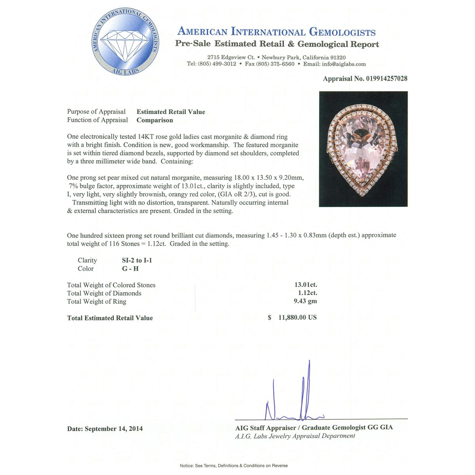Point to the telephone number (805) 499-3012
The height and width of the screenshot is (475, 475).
(217, 64)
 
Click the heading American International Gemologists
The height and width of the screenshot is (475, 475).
(276, 32)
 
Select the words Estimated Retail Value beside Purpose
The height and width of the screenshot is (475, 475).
(171, 112)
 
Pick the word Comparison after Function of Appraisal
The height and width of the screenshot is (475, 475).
(155, 120)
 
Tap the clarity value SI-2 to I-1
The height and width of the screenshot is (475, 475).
(137, 260)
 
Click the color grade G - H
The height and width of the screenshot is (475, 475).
(130, 269)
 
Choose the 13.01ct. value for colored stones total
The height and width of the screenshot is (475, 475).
(306, 285)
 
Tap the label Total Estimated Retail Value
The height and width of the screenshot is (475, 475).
(110, 318)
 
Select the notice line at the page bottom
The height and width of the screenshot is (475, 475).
(234, 465)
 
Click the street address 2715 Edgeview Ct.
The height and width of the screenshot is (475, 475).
(231, 57)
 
